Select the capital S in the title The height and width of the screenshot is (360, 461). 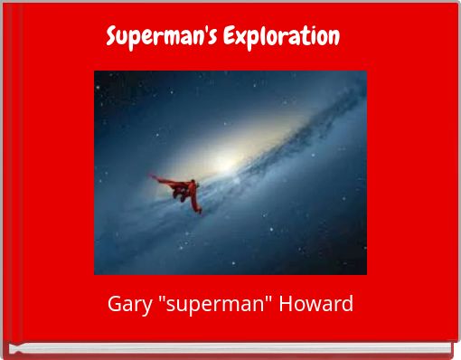[x=112, y=38]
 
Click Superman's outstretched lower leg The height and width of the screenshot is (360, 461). [x=198, y=207]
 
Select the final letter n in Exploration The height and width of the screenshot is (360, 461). [x=334, y=38]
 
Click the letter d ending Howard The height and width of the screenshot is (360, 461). [x=348, y=303]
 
